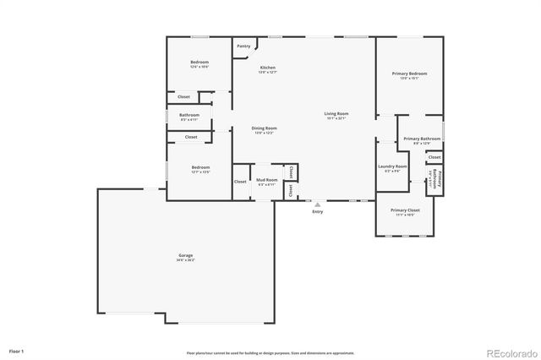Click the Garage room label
(x=185, y=255)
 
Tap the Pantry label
(x=243, y=46)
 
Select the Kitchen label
(x=267, y=68)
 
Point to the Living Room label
(x=336, y=113)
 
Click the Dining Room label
(x=264, y=128)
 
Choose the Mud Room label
(x=267, y=180)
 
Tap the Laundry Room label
(x=392, y=166)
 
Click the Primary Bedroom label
(x=409, y=74)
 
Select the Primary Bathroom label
(x=420, y=139)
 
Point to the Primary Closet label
(x=405, y=210)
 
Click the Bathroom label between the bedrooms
(x=189, y=115)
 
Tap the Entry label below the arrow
(x=317, y=211)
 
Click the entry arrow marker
(x=317, y=204)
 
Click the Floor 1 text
(x=16, y=350)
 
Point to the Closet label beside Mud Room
(x=240, y=182)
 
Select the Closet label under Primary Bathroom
(x=434, y=157)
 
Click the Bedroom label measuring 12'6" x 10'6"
(x=199, y=63)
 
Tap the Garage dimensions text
(x=185, y=260)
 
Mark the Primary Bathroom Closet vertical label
(x=432, y=180)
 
